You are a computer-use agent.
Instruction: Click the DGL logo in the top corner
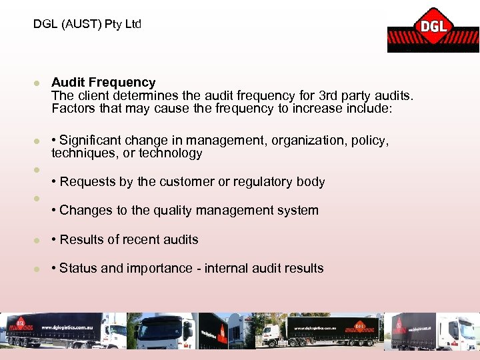pyautogui.click(x=433, y=29)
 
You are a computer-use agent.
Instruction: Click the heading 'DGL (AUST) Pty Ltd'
pyautogui.click(x=87, y=24)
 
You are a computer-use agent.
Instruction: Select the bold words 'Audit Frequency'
pyautogui.click(x=103, y=83)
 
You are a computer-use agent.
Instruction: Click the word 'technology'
pyautogui.click(x=170, y=153)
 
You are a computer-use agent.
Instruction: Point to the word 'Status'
pyautogui.click(x=78, y=268)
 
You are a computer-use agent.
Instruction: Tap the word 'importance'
pyautogui.click(x=154, y=268)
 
